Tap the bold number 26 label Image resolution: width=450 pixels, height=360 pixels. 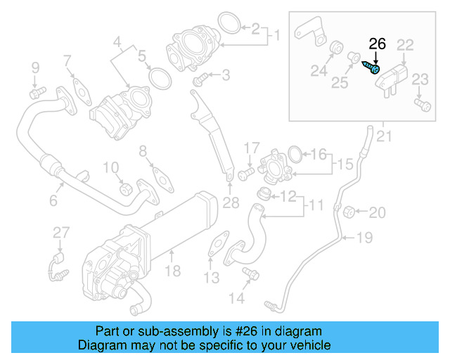coord(378,44)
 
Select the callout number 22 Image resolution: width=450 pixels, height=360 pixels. coord(405,45)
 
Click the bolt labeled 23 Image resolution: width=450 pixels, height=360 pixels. coord(422,105)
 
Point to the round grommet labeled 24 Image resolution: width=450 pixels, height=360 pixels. coord(335,49)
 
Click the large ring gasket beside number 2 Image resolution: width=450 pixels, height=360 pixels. coord(227,23)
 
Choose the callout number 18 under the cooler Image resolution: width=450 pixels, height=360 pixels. coord(172,270)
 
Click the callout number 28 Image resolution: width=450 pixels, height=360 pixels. coord(231,204)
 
